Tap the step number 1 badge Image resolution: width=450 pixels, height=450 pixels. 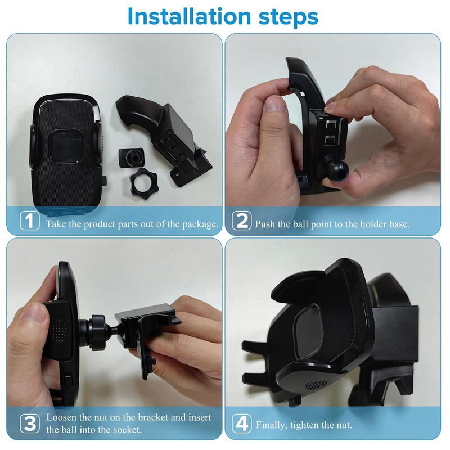(x=30, y=220)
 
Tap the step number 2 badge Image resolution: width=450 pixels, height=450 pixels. (x=242, y=220)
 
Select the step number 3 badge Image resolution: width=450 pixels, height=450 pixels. (x=30, y=423)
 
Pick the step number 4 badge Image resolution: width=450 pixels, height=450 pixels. (x=242, y=423)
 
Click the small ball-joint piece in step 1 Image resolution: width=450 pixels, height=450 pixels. (x=132, y=157)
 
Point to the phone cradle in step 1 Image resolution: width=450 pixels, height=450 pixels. (x=66, y=154)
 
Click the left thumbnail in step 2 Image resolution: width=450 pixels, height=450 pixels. (x=274, y=103)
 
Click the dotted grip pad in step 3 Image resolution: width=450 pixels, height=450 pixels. (x=58, y=330)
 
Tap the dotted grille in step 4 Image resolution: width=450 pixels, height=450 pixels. (x=316, y=384)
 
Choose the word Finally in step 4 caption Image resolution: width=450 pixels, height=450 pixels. (x=272, y=425)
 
